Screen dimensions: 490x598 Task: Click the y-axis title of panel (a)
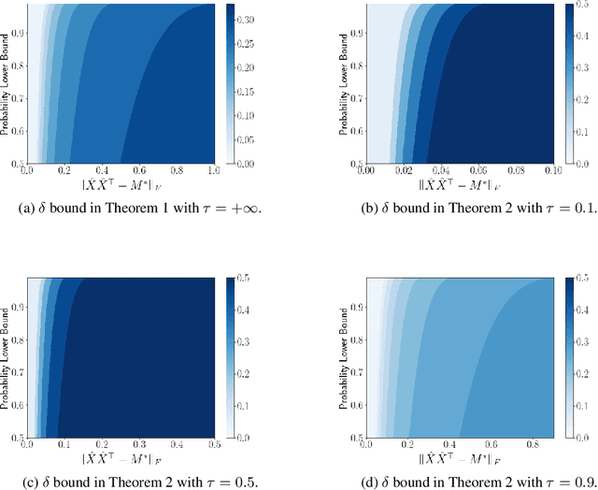pyautogui.click(x=5, y=84)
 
